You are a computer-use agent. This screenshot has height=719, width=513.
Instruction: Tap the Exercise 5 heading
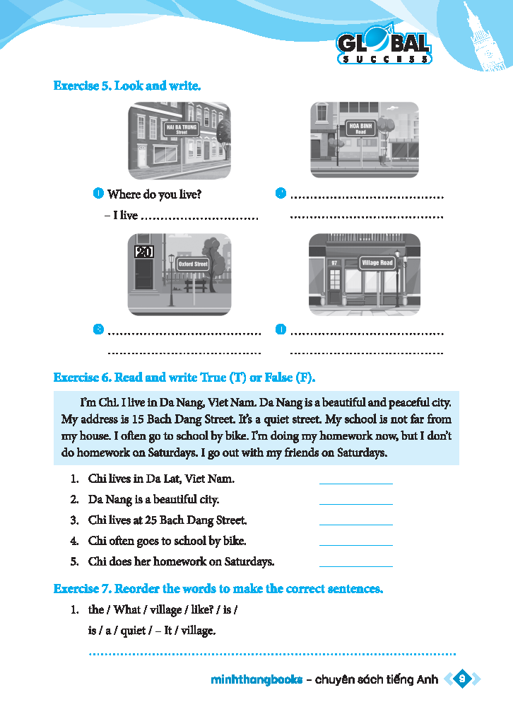pos(127,86)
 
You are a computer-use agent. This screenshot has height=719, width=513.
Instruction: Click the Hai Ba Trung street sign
pos(182,129)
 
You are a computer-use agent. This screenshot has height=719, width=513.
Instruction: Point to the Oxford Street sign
pos(193,264)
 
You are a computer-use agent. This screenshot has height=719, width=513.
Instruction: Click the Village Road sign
pos(377,263)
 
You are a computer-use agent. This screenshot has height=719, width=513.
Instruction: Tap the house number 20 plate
pos(144,252)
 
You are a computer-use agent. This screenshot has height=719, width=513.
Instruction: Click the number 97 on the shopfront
pos(334,263)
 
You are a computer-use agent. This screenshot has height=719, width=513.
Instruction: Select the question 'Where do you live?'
pos(159,194)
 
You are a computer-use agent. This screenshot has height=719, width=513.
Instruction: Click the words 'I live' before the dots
pos(125,215)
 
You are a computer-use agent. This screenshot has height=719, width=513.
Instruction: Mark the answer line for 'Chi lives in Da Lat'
pos(355,483)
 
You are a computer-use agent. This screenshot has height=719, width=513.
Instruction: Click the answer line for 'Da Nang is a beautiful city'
pos(355,503)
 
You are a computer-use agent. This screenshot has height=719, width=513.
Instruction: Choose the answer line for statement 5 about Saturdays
pos(355,566)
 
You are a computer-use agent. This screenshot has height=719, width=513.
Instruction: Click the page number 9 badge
pos(461,679)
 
